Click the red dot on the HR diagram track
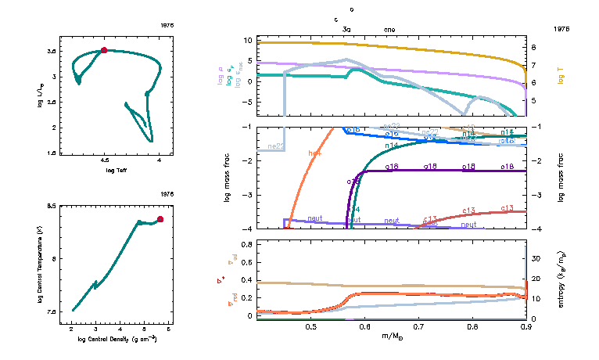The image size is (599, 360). (x=104, y=50)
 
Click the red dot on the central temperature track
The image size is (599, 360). (x=160, y=219)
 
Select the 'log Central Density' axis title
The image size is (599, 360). (x=117, y=338)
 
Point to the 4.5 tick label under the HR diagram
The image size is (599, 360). (x=104, y=160)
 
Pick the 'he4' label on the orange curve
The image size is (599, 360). (x=316, y=154)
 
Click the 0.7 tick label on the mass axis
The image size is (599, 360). (x=418, y=326)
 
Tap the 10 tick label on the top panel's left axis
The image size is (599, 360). (x=248, y=40)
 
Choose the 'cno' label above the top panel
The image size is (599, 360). (x=389, y=29)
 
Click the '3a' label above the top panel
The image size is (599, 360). (x=346, y=29)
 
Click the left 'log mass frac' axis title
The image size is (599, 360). (x=228, y=178)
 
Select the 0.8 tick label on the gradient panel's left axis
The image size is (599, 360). (x=246, y=244)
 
